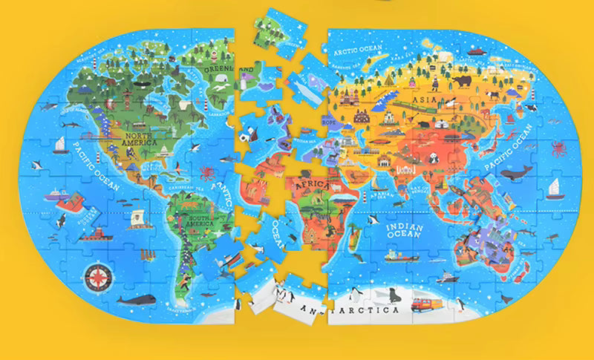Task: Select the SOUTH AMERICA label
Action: coord(200,220)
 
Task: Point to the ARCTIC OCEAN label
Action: coord(358,50)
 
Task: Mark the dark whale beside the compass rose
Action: coord(134,300)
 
